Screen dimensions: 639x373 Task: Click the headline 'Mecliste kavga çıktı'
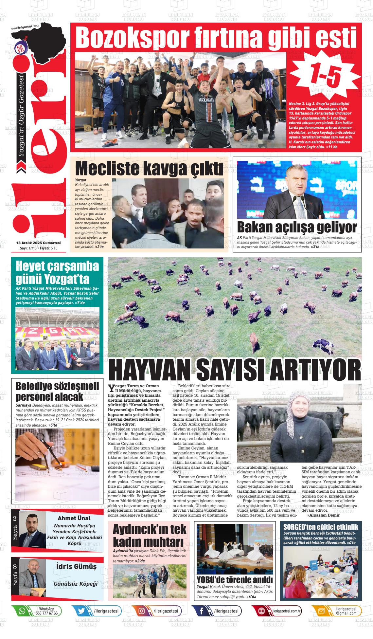coord(149,168)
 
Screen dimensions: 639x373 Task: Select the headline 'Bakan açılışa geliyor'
coord(297,227)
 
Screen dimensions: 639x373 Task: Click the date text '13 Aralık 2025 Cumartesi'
coord(39,243)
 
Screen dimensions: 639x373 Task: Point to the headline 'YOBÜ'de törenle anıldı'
coord(235,579)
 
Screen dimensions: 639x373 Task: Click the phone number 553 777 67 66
coord(46,613)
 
